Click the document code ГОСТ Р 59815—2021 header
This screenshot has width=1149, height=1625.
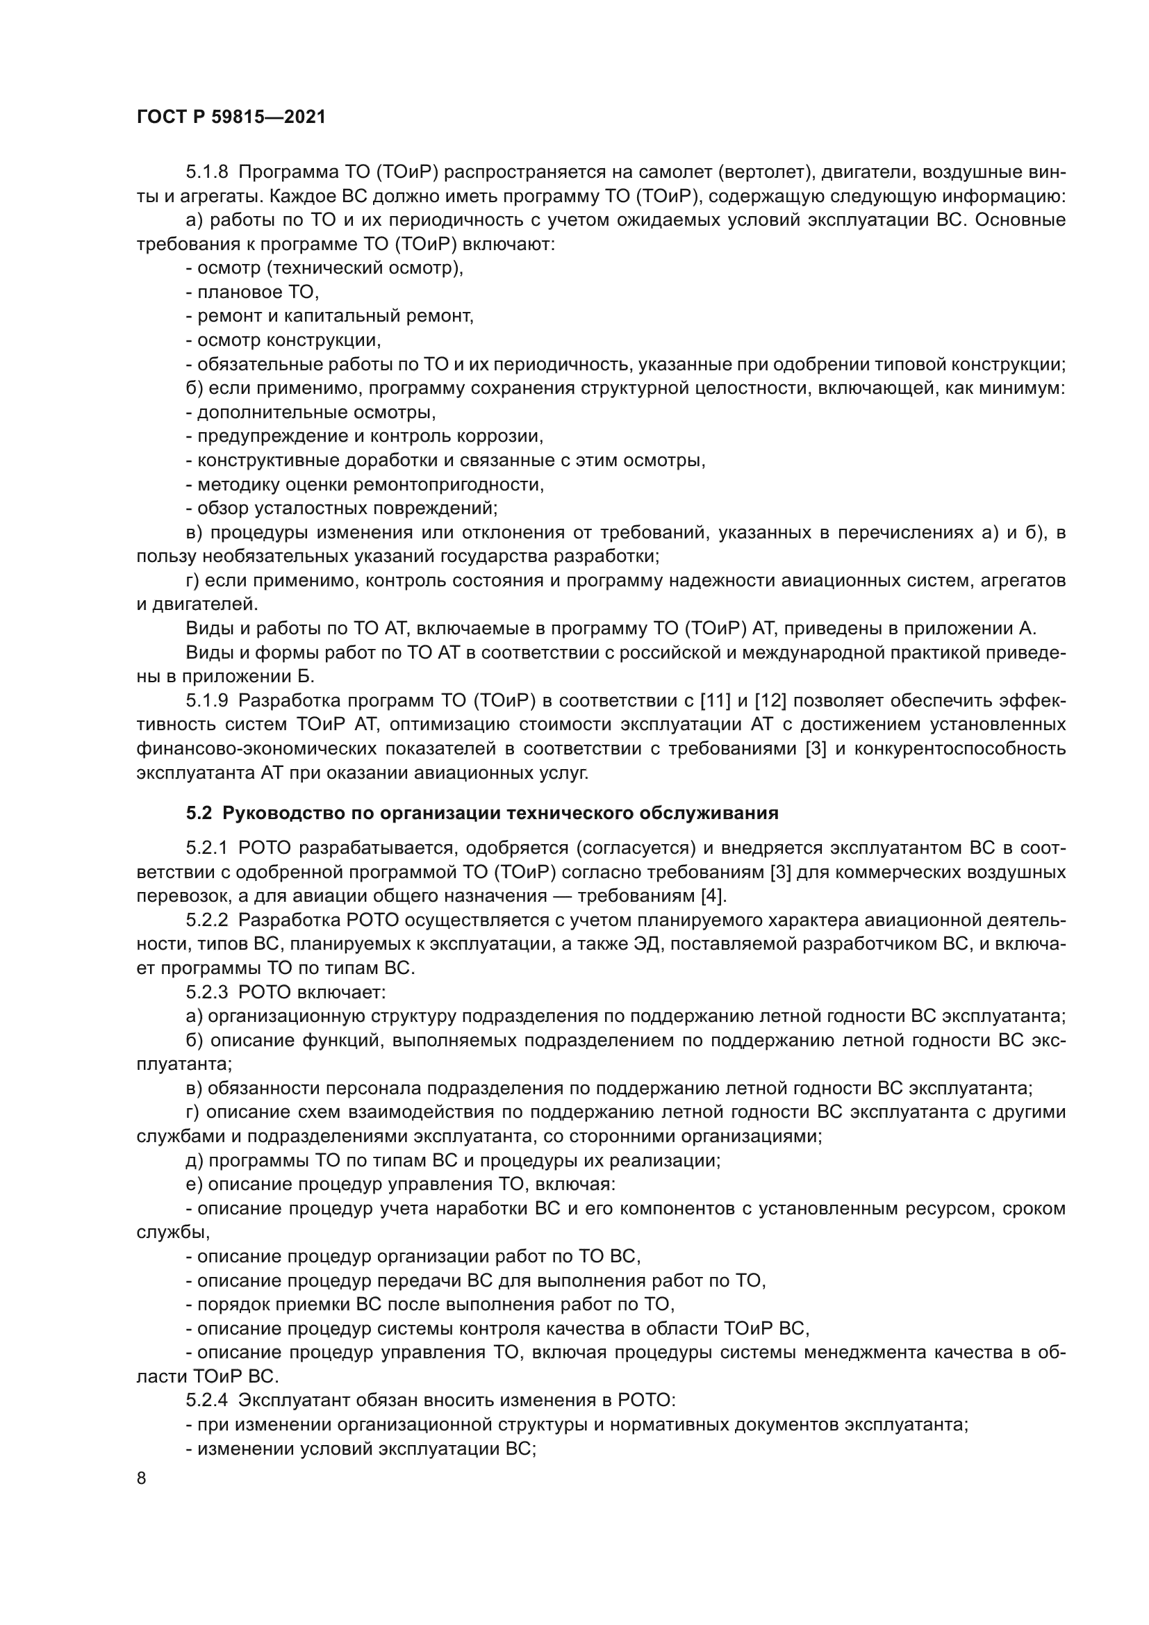pos(231,117)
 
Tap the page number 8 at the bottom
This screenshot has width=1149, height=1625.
pos(142,1478)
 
